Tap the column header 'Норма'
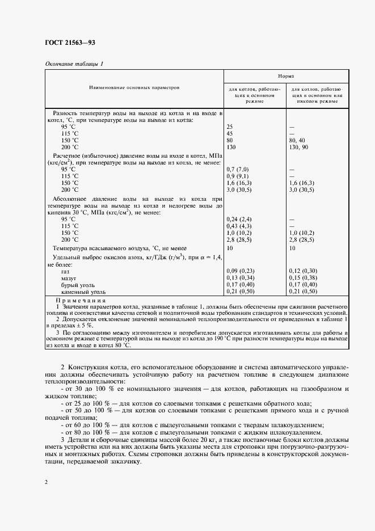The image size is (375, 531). click(x=285, y=75)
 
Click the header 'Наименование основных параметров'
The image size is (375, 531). click(x=133, y=88)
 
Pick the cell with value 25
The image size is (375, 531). click(x=230, y=127)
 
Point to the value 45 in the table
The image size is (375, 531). click(x=230, y=133)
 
